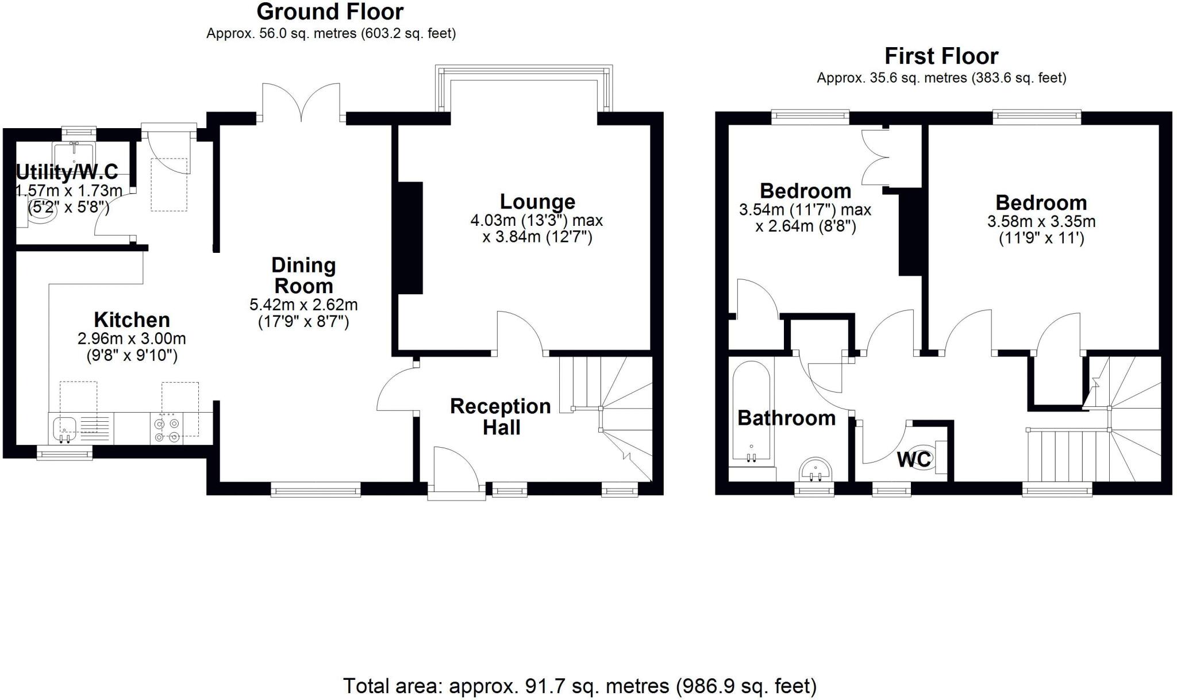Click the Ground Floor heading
tap(330, 12)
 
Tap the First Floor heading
tap(941, 56)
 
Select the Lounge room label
tap(537, 202)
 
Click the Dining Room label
tap(303, 275)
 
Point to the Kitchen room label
tap(132, 320)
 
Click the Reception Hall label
tap(501, 417)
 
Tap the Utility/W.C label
tap(67, 171)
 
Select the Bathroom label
tap(786, 418)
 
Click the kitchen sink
tap(64, 429)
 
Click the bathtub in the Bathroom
tap(751, 411)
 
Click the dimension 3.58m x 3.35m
tap(1041, 221)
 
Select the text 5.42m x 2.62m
tap(303, 305)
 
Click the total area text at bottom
tap(579, 686)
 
